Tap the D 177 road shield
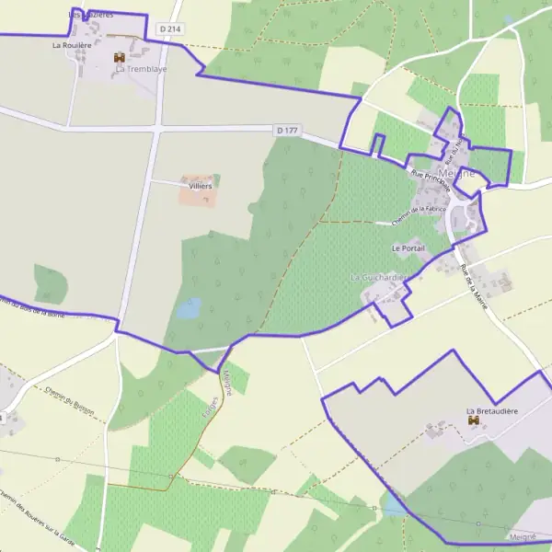tap(287, 131)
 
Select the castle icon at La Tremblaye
tap(120, 58)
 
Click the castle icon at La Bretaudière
tap(474, 420)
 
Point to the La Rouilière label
tap(72, 44)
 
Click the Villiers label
tap(200, 186)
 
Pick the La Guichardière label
tap(380, 277)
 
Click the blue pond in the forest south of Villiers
tap(189, 308)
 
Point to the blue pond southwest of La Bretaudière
tap(394, 504)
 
